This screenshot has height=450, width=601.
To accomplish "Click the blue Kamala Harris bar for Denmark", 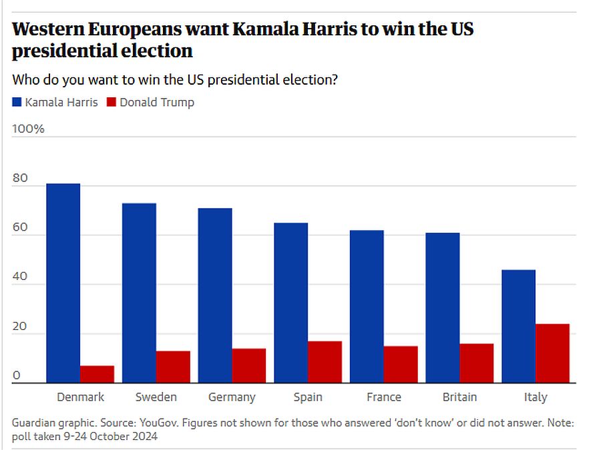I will point(63,283).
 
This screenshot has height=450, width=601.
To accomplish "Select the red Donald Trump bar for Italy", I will point(552,353).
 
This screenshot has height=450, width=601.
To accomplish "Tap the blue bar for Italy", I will point(518,326).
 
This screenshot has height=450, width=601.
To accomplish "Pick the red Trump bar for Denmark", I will point(97,374).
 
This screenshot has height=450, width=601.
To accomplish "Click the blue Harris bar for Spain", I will point(290,303).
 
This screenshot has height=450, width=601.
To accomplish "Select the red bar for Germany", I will point(249,365).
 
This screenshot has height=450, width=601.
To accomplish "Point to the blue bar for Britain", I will point(443,307).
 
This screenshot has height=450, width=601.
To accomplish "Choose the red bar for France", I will point(401,364).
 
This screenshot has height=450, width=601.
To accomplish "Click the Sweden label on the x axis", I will point(156,397).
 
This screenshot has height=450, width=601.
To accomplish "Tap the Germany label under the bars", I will point(232,397).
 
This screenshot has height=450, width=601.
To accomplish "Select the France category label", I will point(384,397).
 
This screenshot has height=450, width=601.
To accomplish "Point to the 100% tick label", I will point(28,129).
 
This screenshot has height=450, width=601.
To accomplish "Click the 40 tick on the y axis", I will point(20,277).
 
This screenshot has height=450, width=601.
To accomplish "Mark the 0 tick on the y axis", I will point(16,376).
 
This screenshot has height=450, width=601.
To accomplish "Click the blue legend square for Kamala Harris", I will point(17,103).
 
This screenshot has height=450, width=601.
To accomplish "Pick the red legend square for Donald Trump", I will point(112,103).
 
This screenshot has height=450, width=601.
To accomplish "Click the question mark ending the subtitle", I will point(334,79).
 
